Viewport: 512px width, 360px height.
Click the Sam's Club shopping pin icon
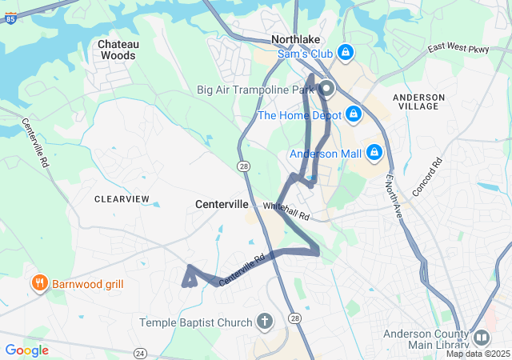pyautogui.click(x=346, y=53)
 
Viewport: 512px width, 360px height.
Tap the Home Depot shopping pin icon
pyautogui.click(x=352, y=115)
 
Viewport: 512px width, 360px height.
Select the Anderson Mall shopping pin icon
pyautogui.click(x=374, y=152)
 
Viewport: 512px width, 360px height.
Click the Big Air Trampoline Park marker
pyautogui.click(x=326, y=90)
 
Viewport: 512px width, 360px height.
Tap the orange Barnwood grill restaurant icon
pyautogui.click(x=38, y=283)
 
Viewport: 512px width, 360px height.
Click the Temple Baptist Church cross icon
pyautogui.click(x=265, y=322)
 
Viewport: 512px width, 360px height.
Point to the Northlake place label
pyautogui.click(x=297, y=38)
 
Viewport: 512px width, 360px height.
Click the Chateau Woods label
pyautogui.click(x=117, y=50)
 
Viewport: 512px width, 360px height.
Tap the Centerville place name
pyautogui.click(x=222, y=204)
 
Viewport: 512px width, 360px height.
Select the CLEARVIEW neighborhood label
pyautogui.click(x=122, y=198)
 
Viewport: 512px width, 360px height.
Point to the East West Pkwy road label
pyautogui.click(x=458, y=48)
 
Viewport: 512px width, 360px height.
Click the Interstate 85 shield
pyautogui.click(x=10, y=15)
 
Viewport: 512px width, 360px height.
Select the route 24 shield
pyautogui.click(x=141, y=353)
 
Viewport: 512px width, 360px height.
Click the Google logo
pyautogui.click(x=26, y=350)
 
